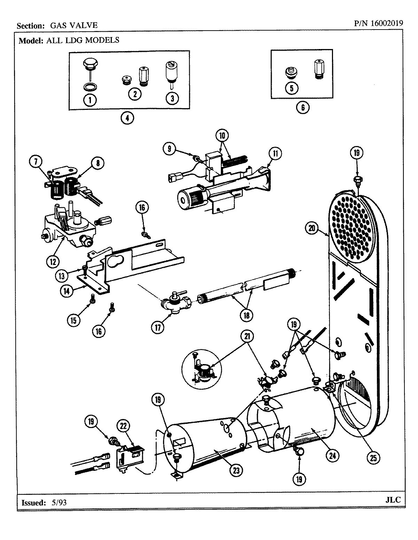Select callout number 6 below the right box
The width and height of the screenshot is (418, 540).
302,107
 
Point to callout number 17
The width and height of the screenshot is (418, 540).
158,327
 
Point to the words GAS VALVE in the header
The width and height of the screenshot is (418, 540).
74,25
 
